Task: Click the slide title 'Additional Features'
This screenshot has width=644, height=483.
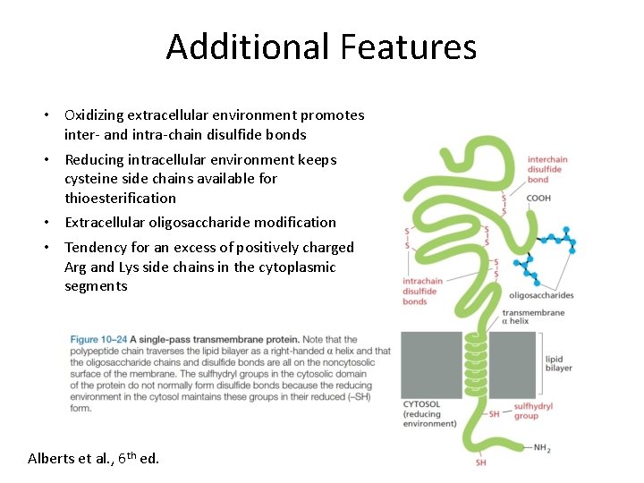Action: coord(321,47)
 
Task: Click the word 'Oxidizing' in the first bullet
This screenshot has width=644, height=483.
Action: coord(94,115)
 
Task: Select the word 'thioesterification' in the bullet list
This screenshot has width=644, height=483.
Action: coord(120,198)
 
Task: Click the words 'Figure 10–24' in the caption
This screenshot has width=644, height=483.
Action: coord(98,340)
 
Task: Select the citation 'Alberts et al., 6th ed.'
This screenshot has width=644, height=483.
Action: coord(94,458)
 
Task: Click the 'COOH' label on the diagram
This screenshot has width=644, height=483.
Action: coord(538,199)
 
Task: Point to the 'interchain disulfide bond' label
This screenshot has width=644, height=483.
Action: coord(547,170)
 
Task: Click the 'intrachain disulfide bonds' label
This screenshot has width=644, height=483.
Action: coord(422,292)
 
